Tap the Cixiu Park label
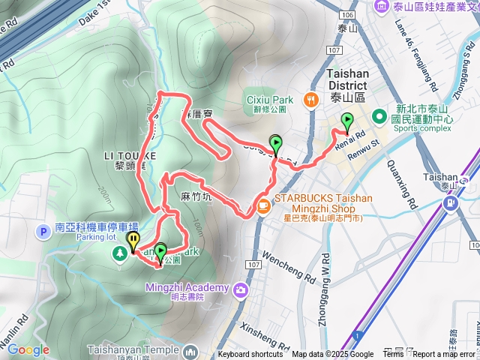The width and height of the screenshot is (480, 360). tap(269, 100)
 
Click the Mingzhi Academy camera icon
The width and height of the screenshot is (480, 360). tap(241, 289)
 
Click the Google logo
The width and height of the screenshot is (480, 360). tap(28, 349)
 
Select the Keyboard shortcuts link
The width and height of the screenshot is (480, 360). tap(250, 355)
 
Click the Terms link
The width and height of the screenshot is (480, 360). tap(393, 355)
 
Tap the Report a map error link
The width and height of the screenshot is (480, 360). tap(446, 355)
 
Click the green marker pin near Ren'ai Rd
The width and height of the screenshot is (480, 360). tap(347, 121)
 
